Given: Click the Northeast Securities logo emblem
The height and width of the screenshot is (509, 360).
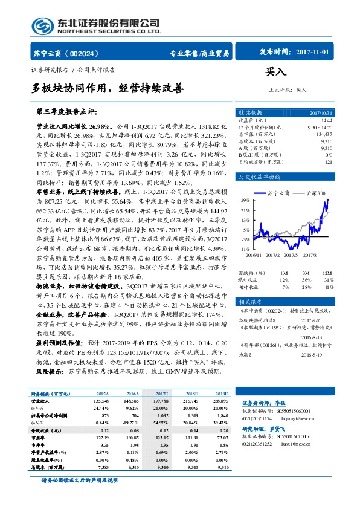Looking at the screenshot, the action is (x=43, y=25).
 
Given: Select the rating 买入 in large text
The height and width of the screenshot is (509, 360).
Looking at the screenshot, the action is (x=275, y=72).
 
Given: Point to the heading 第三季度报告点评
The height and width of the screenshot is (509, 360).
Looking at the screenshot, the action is (x=66, y=112).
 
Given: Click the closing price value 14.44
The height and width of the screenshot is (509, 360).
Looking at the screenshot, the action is (x=326, y=121).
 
